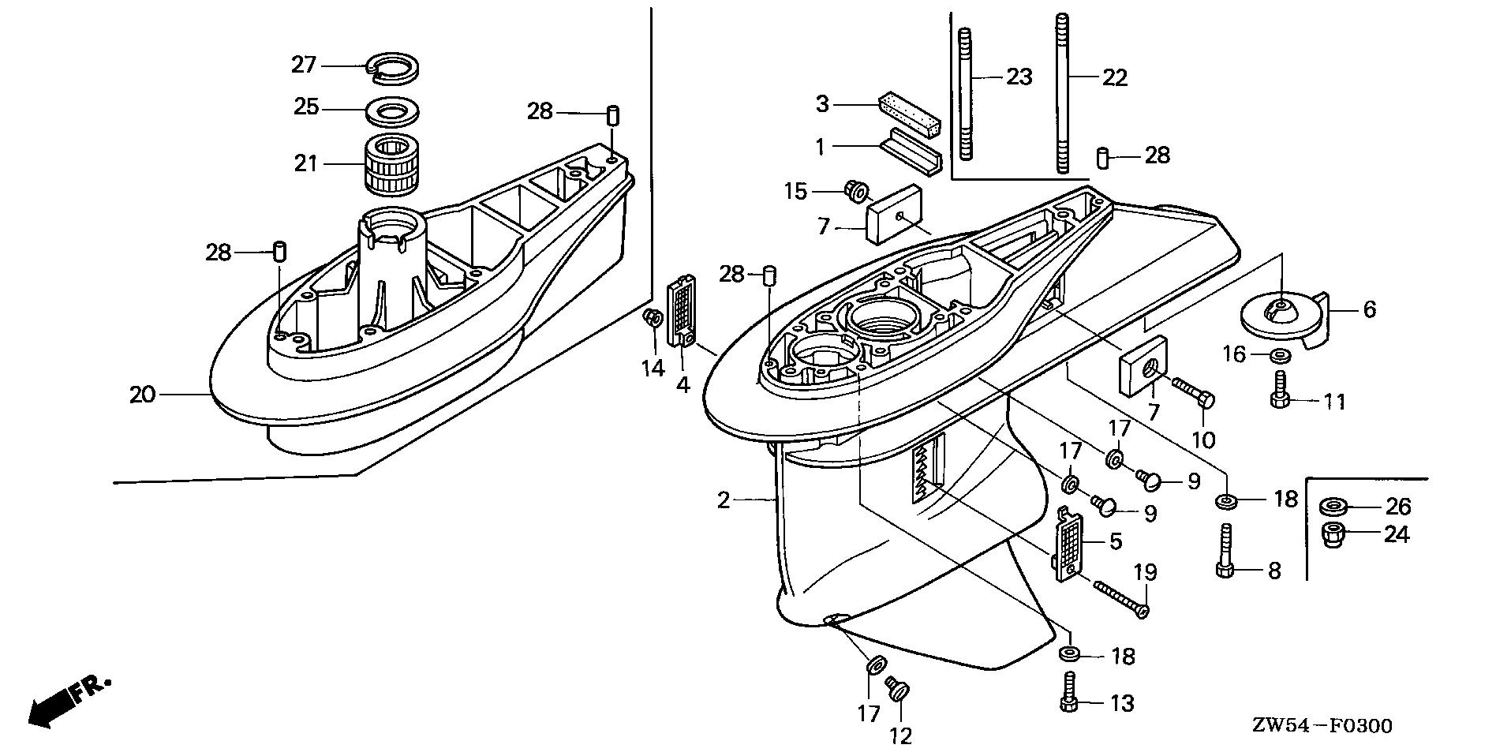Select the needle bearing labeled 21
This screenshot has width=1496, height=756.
click(x=392, y=164)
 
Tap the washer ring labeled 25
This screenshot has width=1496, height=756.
click(x=392, y=111)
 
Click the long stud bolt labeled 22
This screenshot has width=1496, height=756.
click(x=1062, y=95)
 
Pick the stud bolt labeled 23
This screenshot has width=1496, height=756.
click(x=965, y=95)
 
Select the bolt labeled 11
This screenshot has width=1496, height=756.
click(x=1279, y=390)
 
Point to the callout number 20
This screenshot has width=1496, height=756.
click(x=143, y=395)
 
